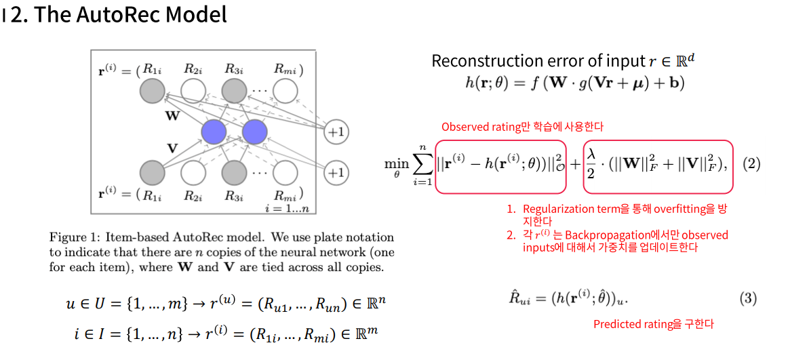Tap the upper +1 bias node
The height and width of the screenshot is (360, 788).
point(335,132)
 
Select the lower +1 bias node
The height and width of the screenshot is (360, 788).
point(335,173)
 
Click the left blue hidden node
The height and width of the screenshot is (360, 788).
point(214,132)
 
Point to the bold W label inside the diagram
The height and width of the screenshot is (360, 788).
point(173,116)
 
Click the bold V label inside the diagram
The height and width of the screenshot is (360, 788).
point(172,148)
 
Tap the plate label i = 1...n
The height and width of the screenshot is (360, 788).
point(288,208)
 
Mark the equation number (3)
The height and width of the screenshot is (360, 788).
point(747,298)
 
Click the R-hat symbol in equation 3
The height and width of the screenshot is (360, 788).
point(518,298)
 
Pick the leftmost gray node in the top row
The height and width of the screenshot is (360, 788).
point(153,90)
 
